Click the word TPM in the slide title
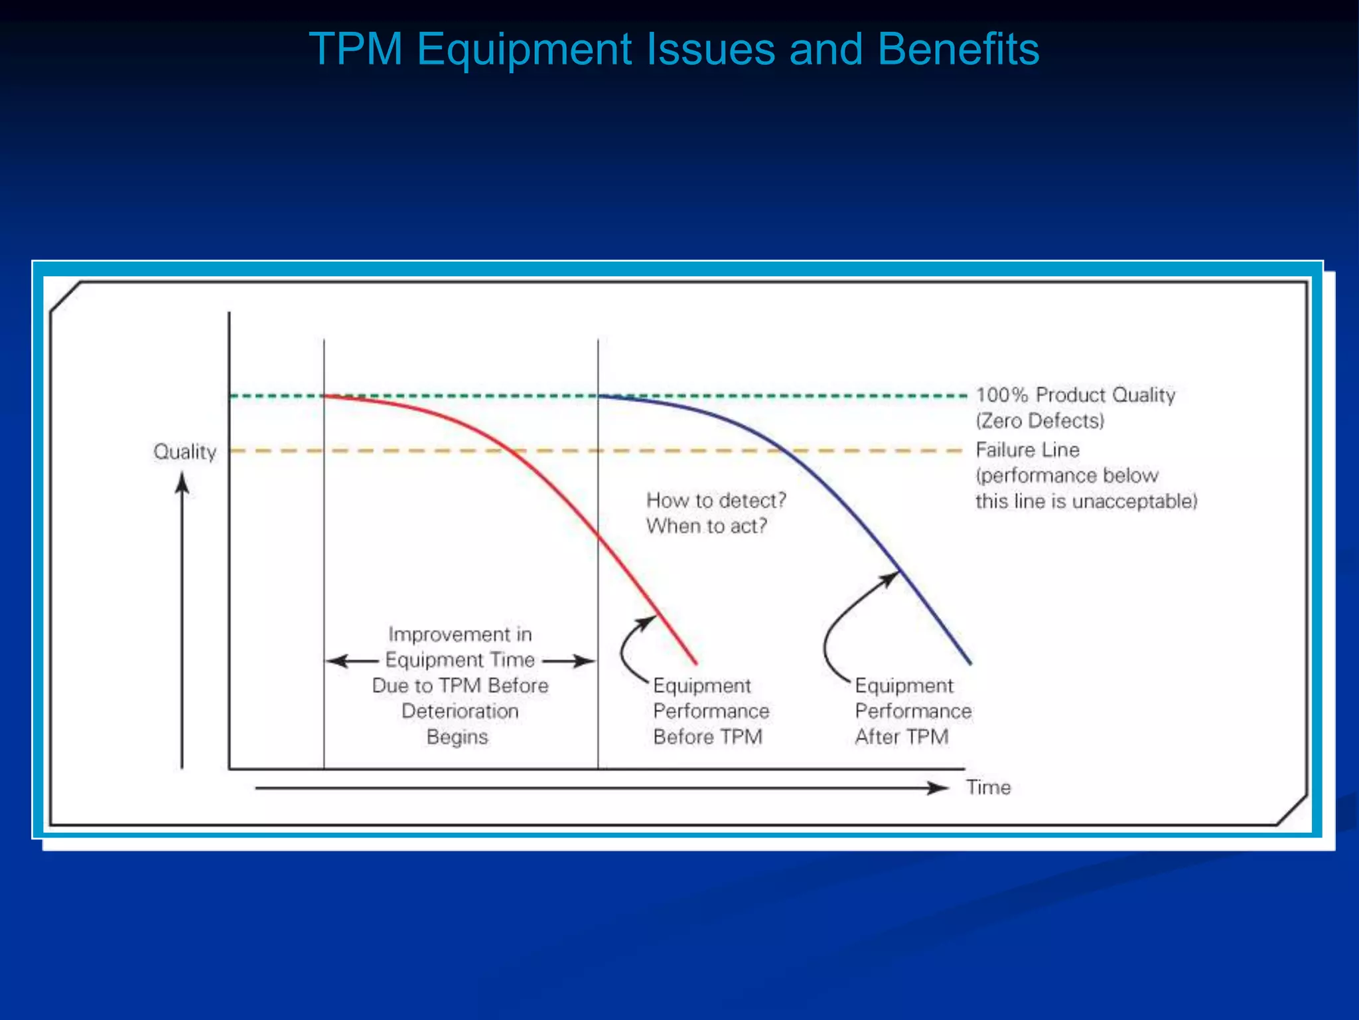coord(356,49)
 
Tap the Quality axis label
coord(184,452)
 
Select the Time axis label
coord(988,788)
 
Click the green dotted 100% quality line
coord(465,396)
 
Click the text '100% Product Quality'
coord(1075,395)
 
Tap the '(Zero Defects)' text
coord(1040,421)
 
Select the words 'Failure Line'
coord(1027,450)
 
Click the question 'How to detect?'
coord(716,500)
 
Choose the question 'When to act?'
coord(707,526)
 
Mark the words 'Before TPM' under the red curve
coord(707,737)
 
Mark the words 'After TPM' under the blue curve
coord(902,737)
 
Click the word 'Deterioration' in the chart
coord(460,711)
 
